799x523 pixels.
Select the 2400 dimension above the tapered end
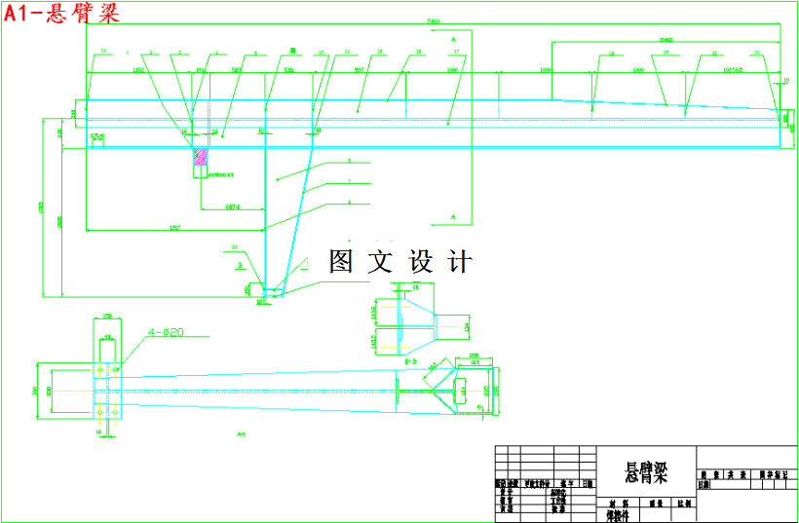tap(665, 39)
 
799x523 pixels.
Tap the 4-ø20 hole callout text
tap(166, 333)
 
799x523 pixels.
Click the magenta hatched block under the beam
tap(201, 157)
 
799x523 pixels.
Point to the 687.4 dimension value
tap(232, 205)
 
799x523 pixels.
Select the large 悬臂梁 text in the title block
tap(645, 474)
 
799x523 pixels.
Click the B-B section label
tap(410, 360)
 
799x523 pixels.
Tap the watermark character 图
tap(340, 261)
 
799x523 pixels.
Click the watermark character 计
tap(460, 261)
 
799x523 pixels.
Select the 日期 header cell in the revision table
tap(587, 483)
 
